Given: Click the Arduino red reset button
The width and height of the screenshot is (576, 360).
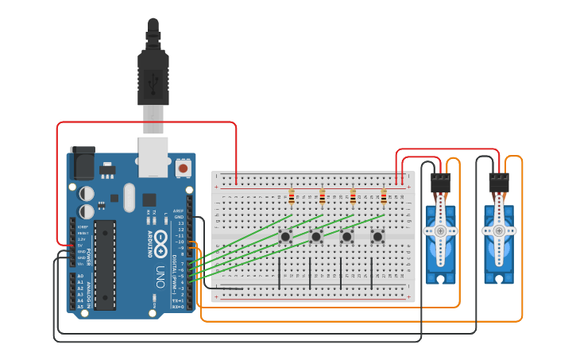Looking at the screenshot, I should [x=184, y=168].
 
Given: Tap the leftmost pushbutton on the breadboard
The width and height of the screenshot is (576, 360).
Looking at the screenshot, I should [x=284, y=236].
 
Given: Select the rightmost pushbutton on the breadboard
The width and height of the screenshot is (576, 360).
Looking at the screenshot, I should [x=377, y=236].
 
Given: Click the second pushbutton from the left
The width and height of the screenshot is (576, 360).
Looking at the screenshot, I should [x=315, y=236].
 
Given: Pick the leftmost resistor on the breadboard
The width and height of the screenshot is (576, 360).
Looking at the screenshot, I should [x=292, y=197].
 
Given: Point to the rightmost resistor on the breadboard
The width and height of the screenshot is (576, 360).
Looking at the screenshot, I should [x=384, y=197].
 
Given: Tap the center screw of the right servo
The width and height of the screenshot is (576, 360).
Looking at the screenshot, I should [x=498, y=230].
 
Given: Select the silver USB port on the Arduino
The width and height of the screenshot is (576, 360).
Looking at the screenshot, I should [x=153, y=156].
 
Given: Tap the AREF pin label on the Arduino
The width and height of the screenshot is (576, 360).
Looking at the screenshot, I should [x=179, y=211].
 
